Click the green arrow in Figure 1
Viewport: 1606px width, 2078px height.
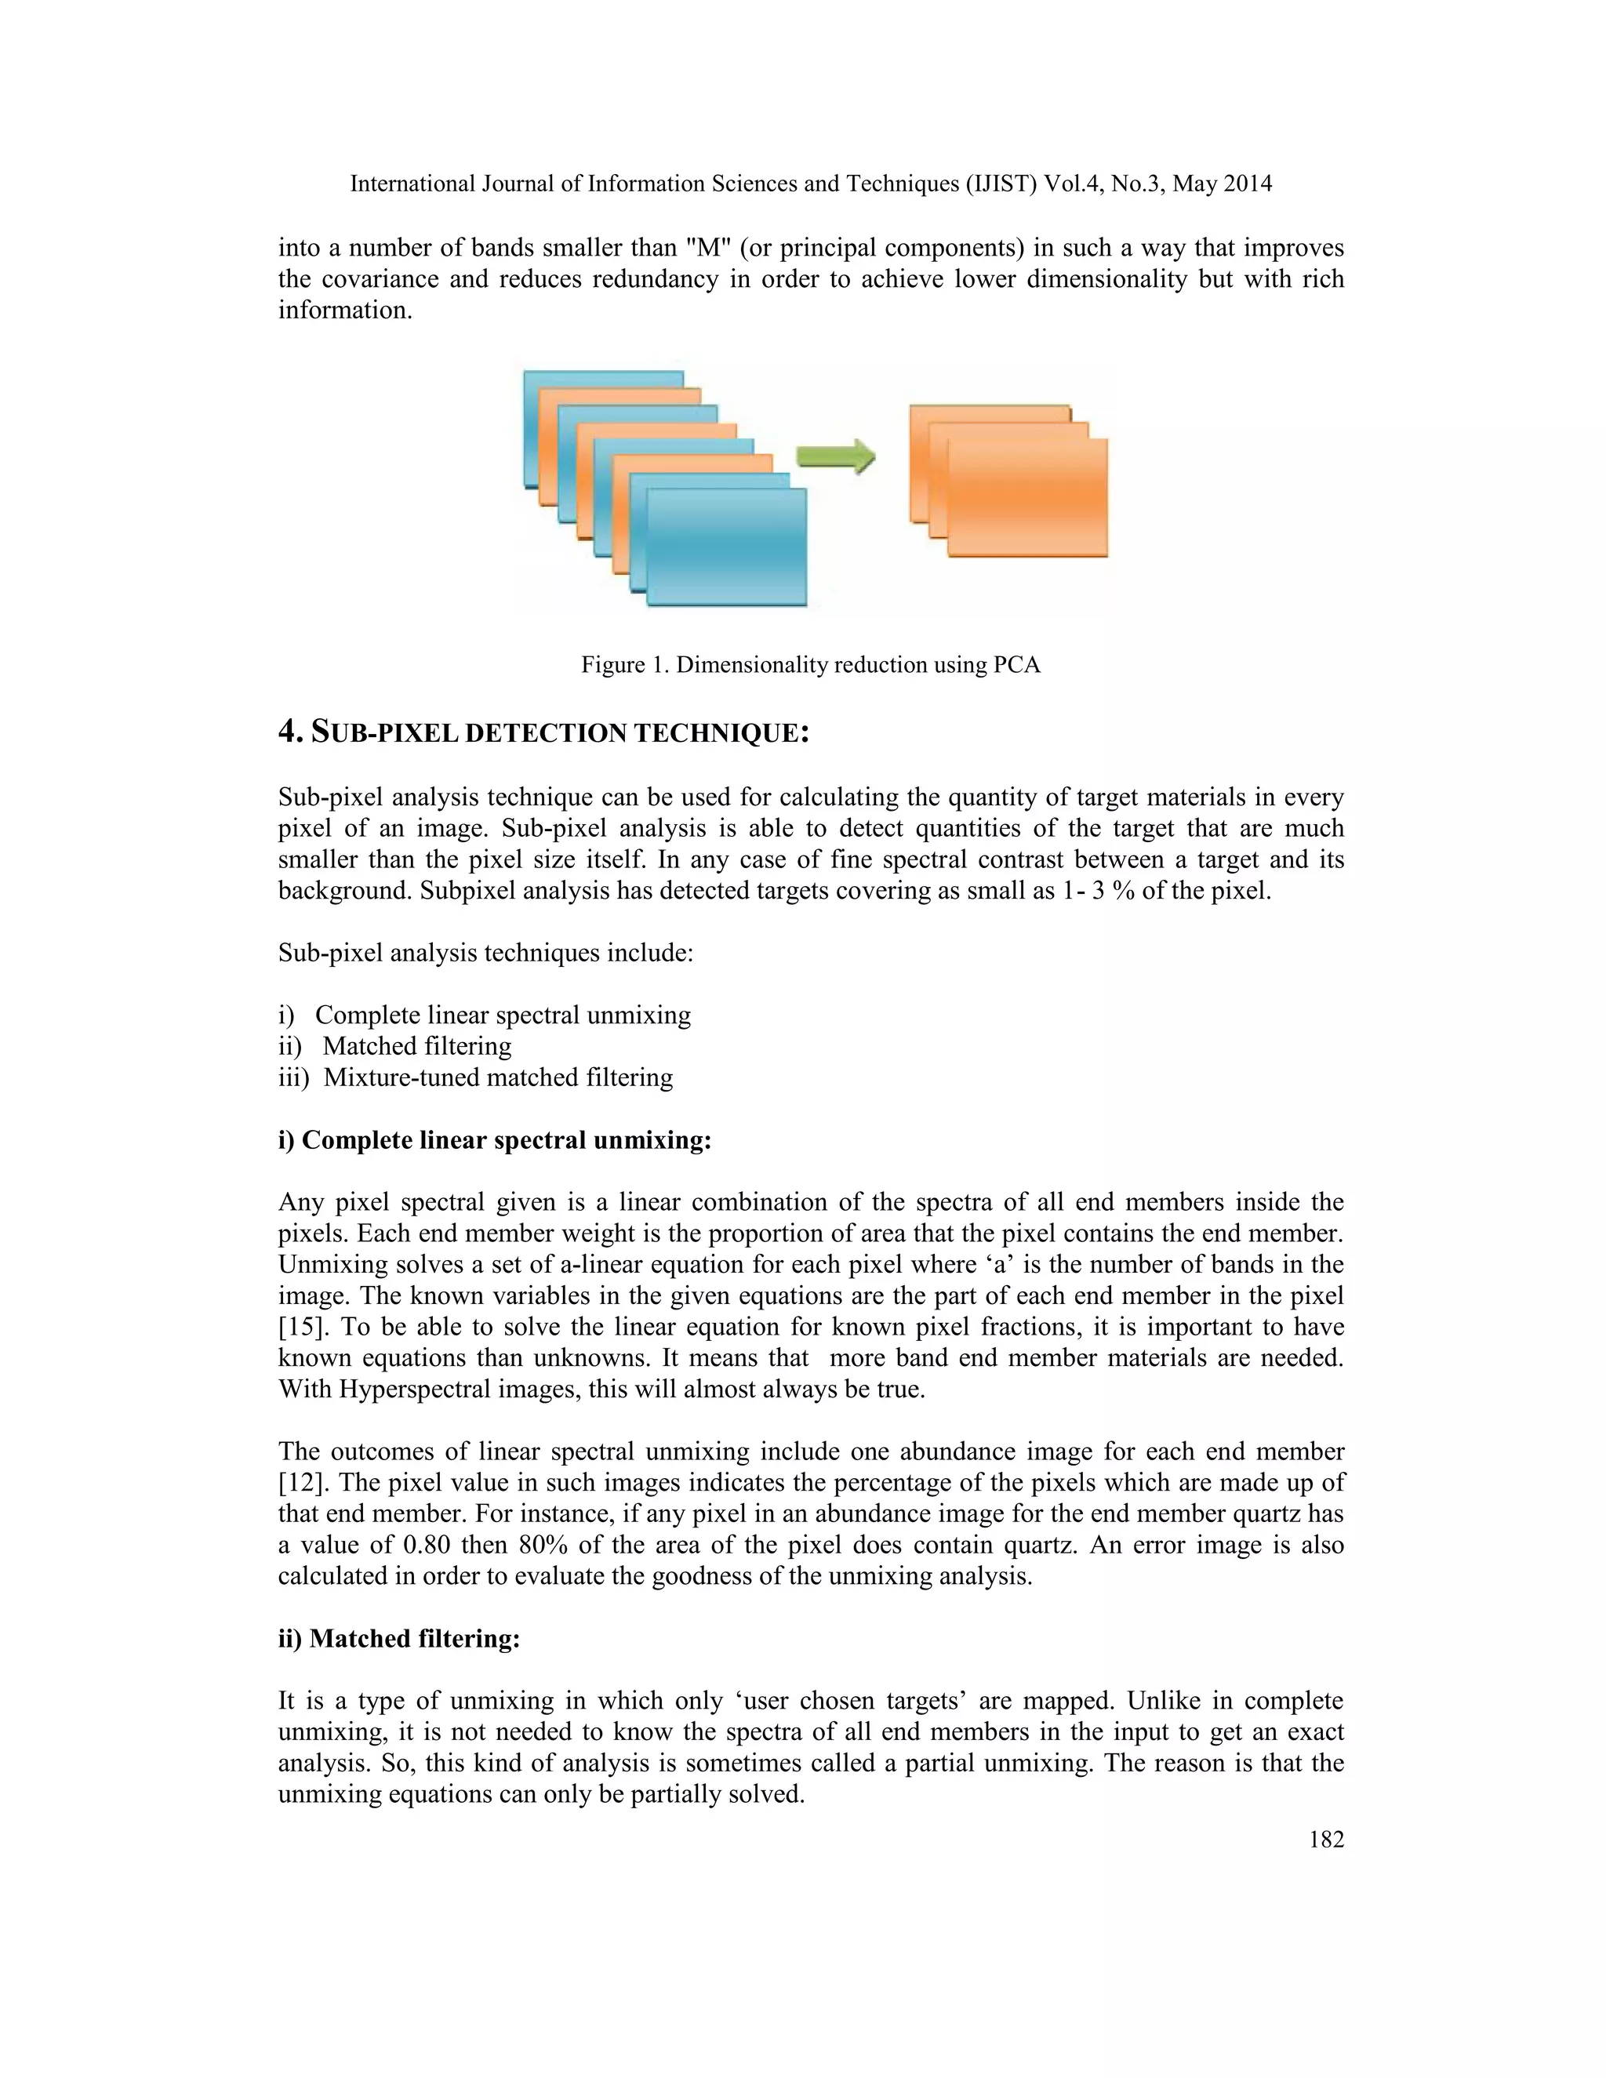pos(834,456)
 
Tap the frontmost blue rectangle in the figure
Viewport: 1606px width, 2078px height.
pos(726,546)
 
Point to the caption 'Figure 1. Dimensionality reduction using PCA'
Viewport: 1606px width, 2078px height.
pos(811,665)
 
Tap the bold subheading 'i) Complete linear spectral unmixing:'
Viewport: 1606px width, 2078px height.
pos(495,1140)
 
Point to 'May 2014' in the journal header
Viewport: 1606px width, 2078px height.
pos(1222,183)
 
